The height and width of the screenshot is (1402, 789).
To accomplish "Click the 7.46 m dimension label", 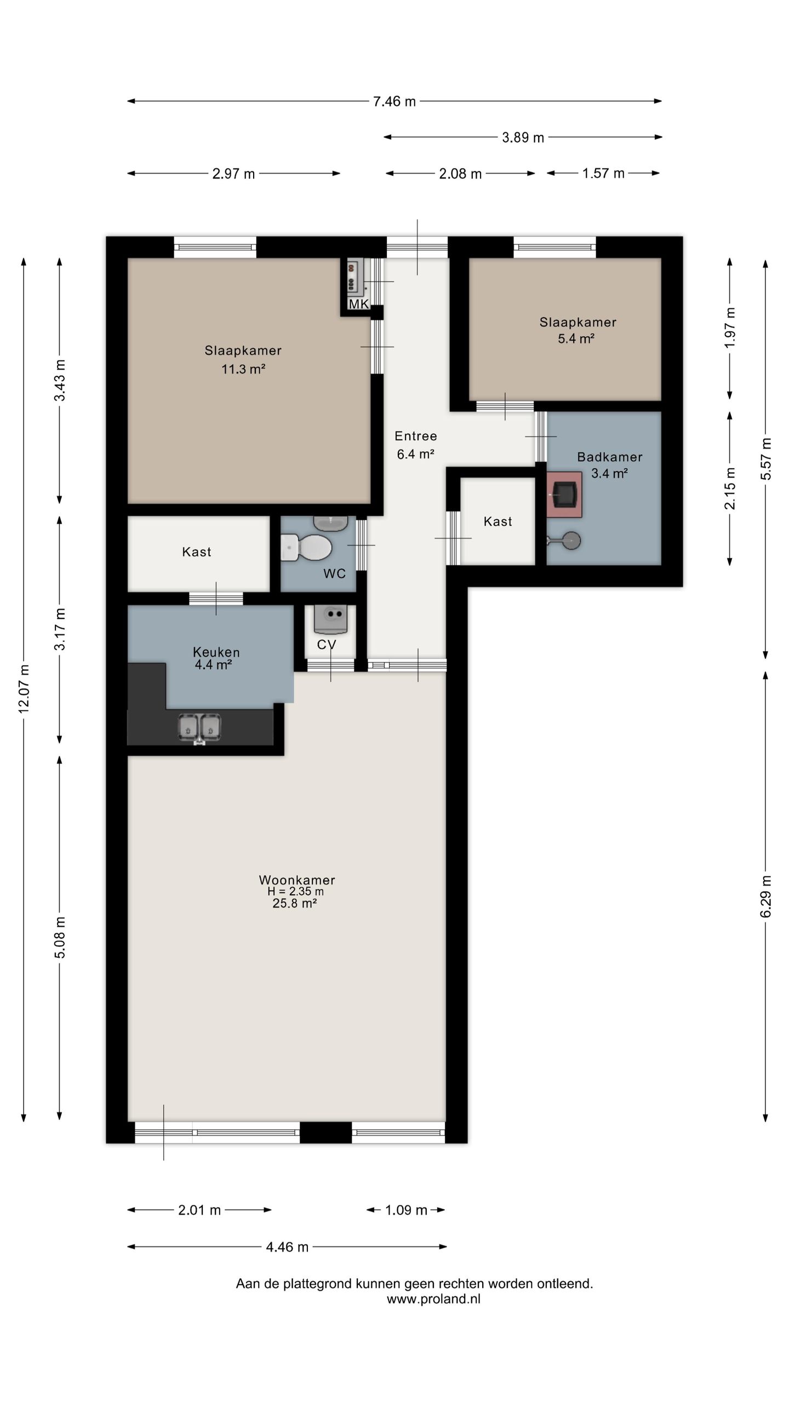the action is (x=394, y=101).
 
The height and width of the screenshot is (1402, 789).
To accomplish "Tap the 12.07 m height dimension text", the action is (x=24, y=689).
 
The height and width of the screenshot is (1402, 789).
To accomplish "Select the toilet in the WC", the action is (x=306, y=547).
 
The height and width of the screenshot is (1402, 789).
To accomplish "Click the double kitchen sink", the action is (x=199, y=728).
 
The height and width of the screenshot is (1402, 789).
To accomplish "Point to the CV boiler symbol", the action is (x=330, y=618).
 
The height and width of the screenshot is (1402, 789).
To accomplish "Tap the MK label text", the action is (x=358, y=304).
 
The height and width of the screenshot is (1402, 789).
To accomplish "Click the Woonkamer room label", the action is (x=297, y=880).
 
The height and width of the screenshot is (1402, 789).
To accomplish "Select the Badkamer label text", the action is (x=610, y=457).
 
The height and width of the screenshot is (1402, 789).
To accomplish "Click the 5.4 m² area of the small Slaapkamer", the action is (x=576, y=338).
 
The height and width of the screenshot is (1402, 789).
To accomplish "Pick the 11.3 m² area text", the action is (x=243, y=369).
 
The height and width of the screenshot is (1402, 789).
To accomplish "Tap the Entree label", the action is (x=416, y=436).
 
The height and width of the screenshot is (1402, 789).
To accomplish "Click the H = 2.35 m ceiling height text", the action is (x=295, y=892).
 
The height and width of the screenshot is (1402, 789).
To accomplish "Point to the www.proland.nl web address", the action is (x=433, y=1299).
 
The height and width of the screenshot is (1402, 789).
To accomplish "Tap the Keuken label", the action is (x=216, y=652).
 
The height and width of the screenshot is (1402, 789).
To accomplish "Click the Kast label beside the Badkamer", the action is (x=498, y=521).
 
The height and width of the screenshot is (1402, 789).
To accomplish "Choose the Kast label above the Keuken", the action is (x=196, y=551).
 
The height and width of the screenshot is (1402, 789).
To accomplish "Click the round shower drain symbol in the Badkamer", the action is (x=571, y=541).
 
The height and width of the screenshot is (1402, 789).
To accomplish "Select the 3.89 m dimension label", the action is (x=523, y=137).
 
